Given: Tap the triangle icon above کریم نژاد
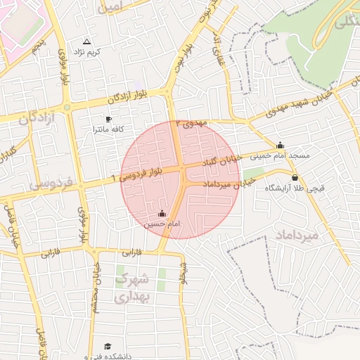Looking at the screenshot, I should (87, 42).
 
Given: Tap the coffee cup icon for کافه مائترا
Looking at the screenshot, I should (108, 119).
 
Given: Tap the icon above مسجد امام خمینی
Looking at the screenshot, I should (281, 146).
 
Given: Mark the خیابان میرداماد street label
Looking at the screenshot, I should (226, 184).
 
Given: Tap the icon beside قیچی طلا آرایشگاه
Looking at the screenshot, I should (294, 177).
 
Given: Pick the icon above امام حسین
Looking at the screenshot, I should (162, 213).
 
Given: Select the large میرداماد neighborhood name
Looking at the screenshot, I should (298, 235).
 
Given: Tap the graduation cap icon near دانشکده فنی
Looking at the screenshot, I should (108, 346).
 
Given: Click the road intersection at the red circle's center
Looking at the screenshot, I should (181, 179).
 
